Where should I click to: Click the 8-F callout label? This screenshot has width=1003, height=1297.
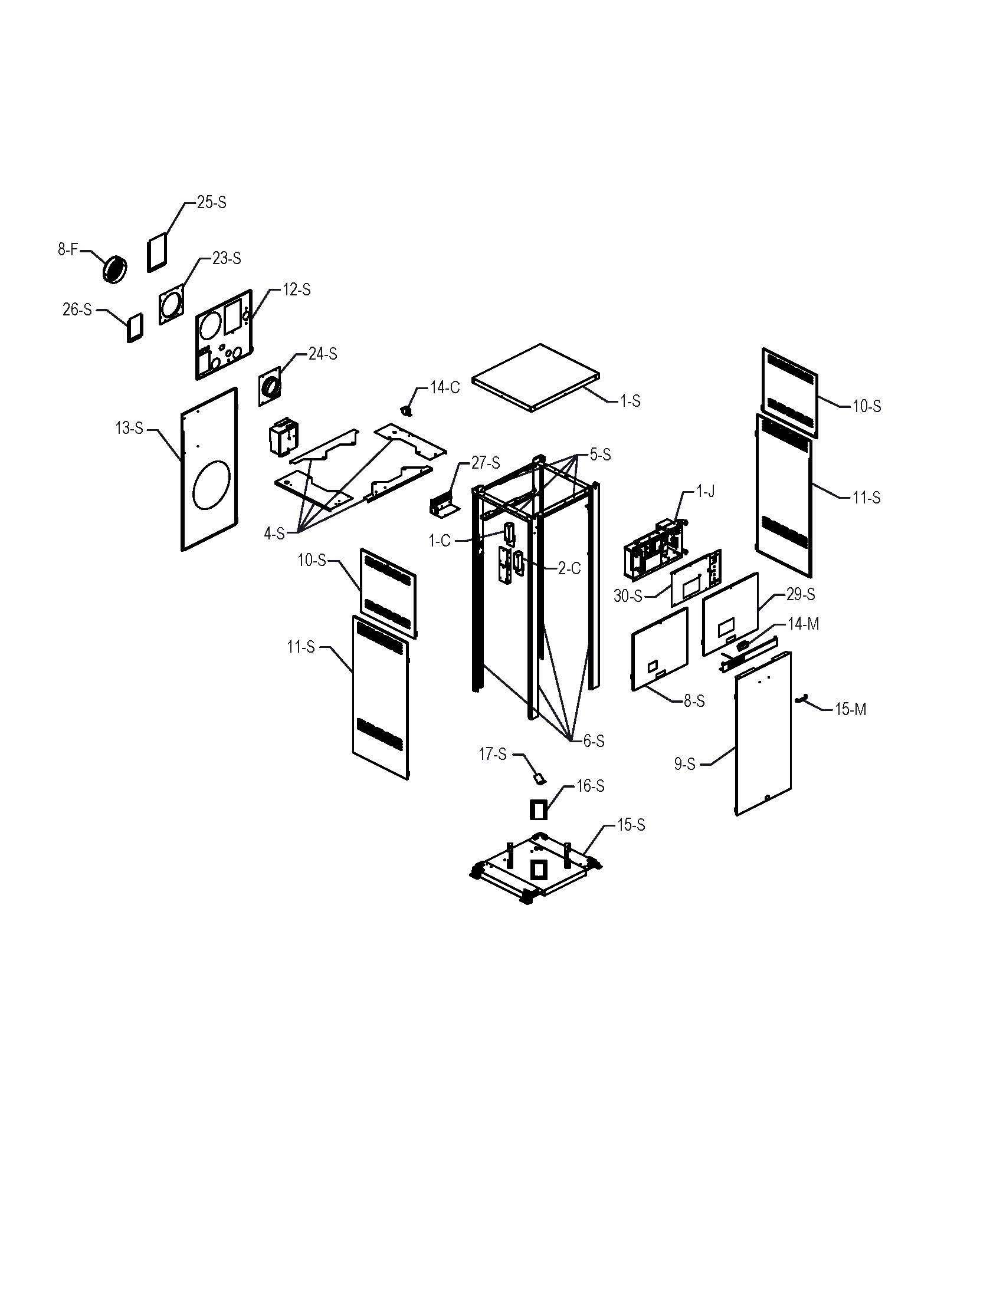coord(68,250)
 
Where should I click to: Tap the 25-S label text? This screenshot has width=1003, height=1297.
coord(212,202)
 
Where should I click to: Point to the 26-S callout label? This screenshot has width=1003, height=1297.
coord(77,310)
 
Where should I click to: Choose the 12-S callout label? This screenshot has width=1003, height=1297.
coord(296,290)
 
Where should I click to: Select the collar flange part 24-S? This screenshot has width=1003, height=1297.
coord(271,389)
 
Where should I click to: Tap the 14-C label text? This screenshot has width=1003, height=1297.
coord(445,388)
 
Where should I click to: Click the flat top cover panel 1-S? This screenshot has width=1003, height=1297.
coord(535,377)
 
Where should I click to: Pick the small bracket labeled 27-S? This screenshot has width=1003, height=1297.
coord(440,506)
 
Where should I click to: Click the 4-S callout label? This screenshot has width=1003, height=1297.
coord(274,534)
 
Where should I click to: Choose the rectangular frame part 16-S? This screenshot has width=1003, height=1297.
coord(537,809)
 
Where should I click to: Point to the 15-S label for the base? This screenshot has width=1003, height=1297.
coord(631,825)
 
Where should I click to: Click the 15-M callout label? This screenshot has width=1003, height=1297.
coord(850,709)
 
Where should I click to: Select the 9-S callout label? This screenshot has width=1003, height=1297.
coord(684,764)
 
